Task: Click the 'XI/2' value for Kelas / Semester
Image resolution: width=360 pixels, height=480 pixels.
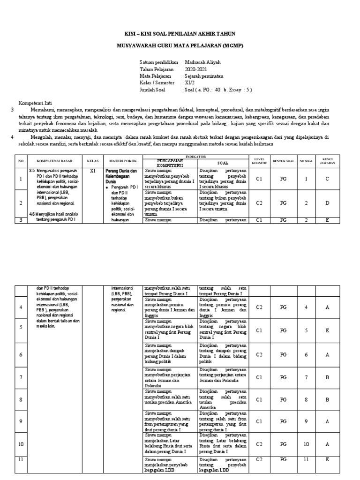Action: click(x=191, y=82)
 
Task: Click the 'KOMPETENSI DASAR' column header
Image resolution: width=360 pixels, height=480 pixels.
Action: click(x=53, y=161)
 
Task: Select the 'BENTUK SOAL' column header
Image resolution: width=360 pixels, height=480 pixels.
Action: click(x=283, y=161)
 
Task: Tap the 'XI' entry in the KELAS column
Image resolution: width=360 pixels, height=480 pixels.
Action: click(x=92, y=171)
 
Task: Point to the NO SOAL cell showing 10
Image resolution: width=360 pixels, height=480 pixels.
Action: click(x=306, y=444)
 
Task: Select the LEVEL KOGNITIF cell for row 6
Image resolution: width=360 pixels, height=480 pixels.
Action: click(x=258, y=355)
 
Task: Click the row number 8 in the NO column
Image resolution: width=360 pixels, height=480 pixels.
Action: click(x=20, y=400)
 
